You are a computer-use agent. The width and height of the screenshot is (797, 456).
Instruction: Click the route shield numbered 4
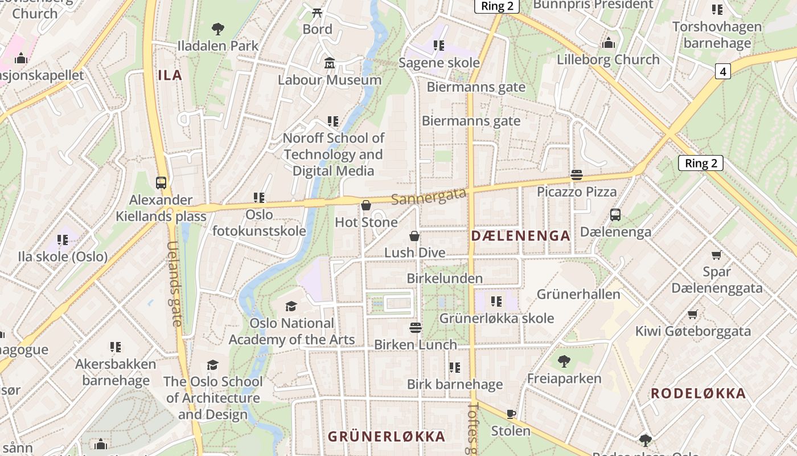[722, 71]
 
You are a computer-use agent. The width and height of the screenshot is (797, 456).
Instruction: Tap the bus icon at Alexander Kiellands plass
[161, 183]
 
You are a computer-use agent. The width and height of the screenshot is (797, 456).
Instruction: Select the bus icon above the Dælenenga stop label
[615, 215]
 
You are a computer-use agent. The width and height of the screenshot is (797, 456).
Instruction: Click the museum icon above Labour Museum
[329, 63]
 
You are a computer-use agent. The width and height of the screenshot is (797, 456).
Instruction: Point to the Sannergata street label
[429, 196]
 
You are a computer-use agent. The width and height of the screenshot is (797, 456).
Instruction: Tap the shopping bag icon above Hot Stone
[366, 205]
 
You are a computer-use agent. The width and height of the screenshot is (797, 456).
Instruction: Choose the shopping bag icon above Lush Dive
[414, 235]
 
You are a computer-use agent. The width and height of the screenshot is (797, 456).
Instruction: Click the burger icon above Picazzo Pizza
[576, 175]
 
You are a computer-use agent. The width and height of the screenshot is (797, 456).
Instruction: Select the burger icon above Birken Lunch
[416, 328]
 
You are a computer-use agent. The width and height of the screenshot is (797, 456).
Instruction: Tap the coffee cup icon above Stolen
[511, 414]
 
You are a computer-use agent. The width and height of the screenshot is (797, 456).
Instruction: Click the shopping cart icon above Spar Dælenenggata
[716, 255]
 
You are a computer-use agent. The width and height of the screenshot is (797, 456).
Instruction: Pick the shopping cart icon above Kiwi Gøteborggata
[692, 314]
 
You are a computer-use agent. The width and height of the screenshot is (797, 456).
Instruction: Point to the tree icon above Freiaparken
[564, 361]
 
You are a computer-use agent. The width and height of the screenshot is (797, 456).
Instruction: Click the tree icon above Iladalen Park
[217, 28]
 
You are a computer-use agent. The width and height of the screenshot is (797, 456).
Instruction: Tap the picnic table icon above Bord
[317, 12]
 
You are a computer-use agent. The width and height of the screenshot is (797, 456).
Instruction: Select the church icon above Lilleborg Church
[608, 43]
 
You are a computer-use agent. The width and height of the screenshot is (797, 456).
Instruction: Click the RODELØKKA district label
[698, 393]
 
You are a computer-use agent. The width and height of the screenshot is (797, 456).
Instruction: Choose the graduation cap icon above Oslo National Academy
[291, 306]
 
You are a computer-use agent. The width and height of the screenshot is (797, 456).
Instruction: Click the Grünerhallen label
[578, 294]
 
